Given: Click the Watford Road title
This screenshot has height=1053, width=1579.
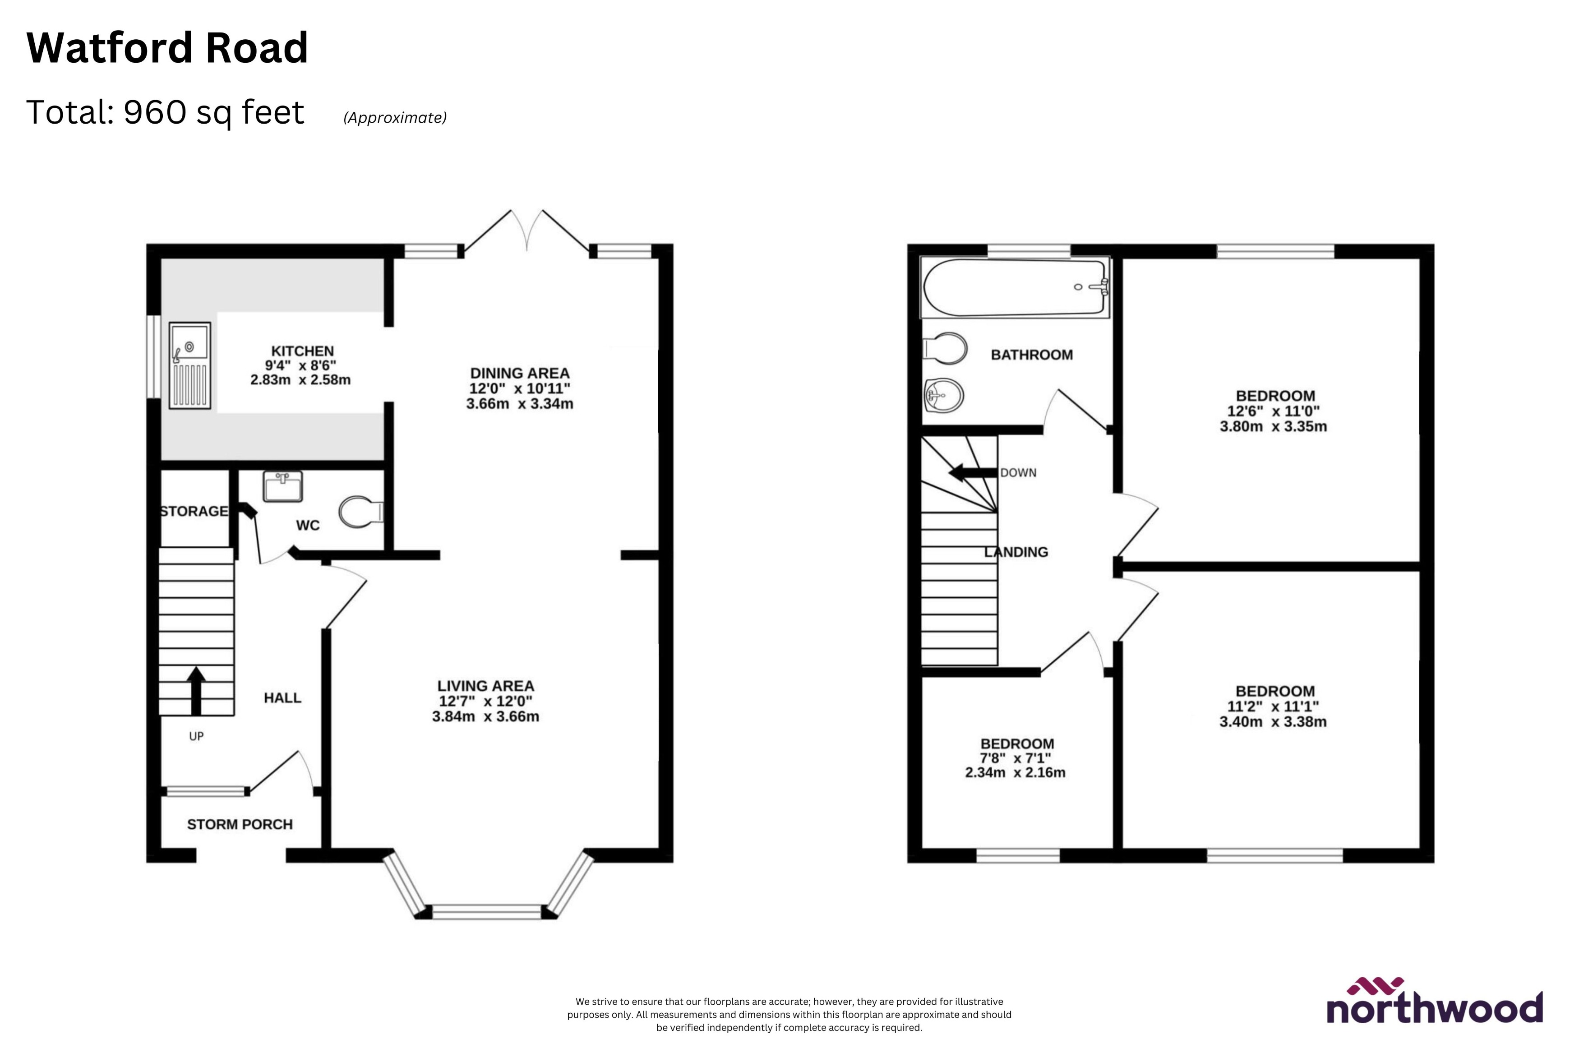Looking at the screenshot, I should [167, 48].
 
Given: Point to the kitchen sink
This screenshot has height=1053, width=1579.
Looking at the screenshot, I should [190, 365].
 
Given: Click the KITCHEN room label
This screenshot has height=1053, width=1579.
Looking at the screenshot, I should [302, 351].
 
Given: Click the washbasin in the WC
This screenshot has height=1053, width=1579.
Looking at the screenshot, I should [282, 486].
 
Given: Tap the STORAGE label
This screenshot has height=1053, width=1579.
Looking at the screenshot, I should [194, 511].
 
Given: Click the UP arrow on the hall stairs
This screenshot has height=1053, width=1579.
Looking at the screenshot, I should [196, 690].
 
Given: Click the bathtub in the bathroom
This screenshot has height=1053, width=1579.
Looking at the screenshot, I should [1015, 287].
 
